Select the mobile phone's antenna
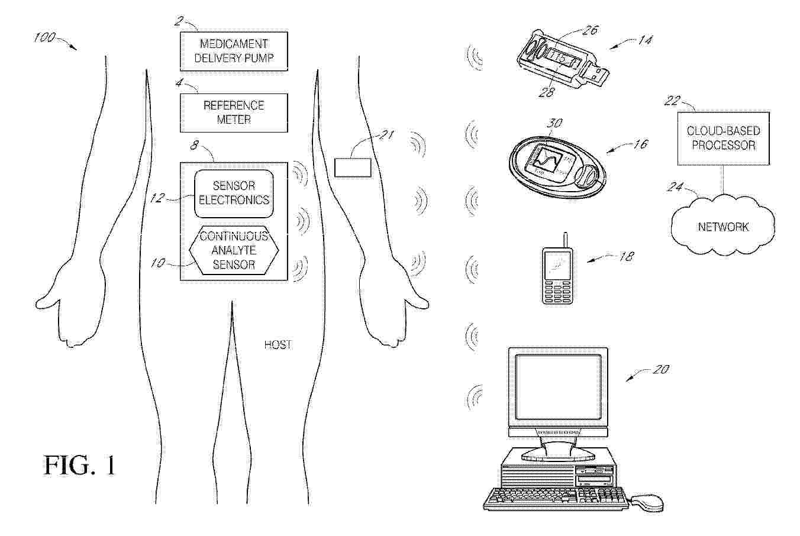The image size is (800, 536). (x=565, y=240)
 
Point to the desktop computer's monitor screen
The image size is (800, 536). (x=558, y=387)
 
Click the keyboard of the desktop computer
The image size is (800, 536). (x=556, y=499)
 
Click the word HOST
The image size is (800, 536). (x=278, y=344)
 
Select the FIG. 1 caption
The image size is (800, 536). (x=79, y=465)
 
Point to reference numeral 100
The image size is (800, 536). (x=44, y=37)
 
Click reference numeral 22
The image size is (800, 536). (x=672, y=101)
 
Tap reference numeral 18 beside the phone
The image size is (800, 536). (x=626, y=256)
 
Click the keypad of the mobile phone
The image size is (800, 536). (x=557, y=292)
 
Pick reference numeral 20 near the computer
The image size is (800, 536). (x=660, y=369)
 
